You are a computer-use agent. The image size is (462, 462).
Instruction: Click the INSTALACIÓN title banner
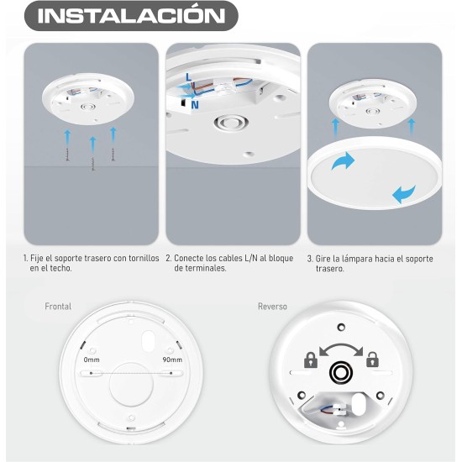click(132, 16)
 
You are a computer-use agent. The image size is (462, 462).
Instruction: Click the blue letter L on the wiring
click(190, 76)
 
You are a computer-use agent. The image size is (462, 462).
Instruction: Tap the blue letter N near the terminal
click(195, 107)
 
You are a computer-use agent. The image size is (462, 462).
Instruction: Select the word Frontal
click(58, 307)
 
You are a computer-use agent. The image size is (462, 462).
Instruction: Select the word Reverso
click(272, 307)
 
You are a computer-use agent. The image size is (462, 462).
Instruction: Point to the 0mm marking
click(92, 359)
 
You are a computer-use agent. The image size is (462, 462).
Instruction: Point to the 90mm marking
click(171, 359)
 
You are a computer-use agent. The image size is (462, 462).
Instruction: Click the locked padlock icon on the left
click(311, 360)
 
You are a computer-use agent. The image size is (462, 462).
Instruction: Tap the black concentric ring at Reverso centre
click(341, 370)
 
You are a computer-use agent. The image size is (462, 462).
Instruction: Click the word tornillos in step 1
click(135, 258)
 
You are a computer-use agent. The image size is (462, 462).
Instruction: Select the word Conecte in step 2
click(192, 258)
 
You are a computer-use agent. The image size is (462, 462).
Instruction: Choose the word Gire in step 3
click(323, 258)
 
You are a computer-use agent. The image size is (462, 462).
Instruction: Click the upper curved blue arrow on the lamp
click(343, 162)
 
